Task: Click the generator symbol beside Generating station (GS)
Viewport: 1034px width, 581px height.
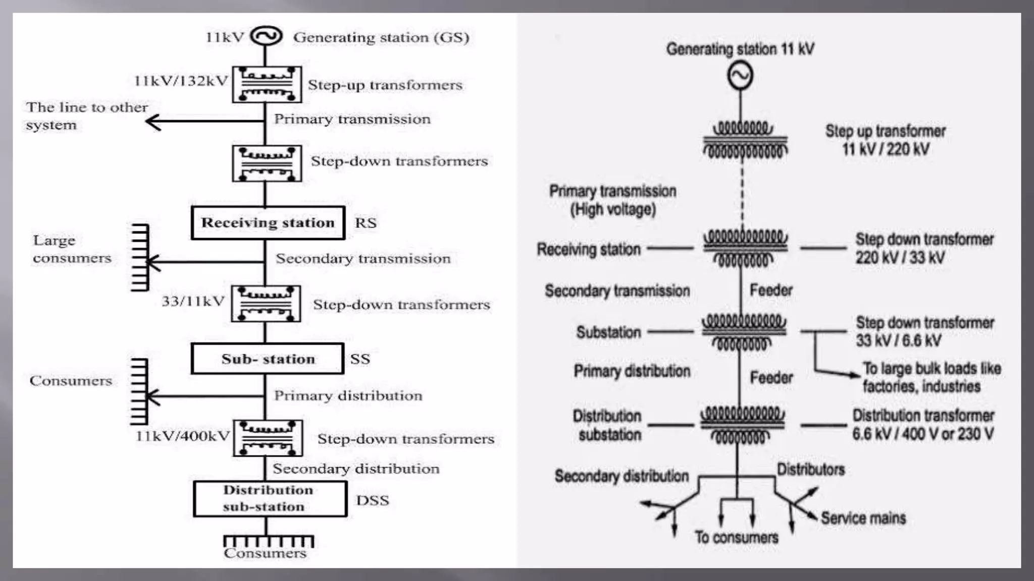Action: coord(266,36)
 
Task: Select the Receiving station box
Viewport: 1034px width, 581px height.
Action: coord(268,222)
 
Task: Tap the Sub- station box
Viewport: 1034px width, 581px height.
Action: coord(268,359)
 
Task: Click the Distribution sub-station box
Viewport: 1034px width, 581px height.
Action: coord(270,498)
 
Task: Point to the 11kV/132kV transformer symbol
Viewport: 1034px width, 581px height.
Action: coord(267,84)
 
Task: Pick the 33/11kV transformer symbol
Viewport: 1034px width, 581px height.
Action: coord(266,304)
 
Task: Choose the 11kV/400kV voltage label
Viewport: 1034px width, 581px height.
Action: coord(183,436)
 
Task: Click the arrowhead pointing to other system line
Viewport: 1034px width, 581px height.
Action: coord(152,122)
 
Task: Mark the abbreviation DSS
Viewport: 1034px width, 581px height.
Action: coord(372,500)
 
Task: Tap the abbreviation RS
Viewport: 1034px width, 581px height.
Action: coord(366,223)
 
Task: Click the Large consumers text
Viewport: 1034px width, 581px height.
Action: coord(72,249)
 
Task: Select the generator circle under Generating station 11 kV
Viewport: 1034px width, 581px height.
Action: coord(740,76)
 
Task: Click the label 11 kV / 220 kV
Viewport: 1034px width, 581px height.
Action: coord(885,149)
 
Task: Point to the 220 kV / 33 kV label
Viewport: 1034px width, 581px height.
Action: coord(899,258)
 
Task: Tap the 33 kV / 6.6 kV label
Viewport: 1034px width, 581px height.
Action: coord(898,340)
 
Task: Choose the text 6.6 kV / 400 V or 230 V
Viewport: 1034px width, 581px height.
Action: coord(922,434)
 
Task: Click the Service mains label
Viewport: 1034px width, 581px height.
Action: coord(863,518)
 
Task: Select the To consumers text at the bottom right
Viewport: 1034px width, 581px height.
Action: coord(736,537)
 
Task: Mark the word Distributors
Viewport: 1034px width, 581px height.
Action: coord(810,470)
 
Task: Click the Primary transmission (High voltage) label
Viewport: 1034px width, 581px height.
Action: coord(612,200)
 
